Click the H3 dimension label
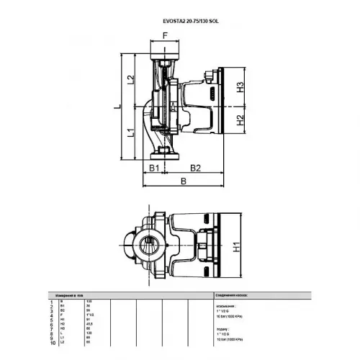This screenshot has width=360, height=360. (x=241, y=87)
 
